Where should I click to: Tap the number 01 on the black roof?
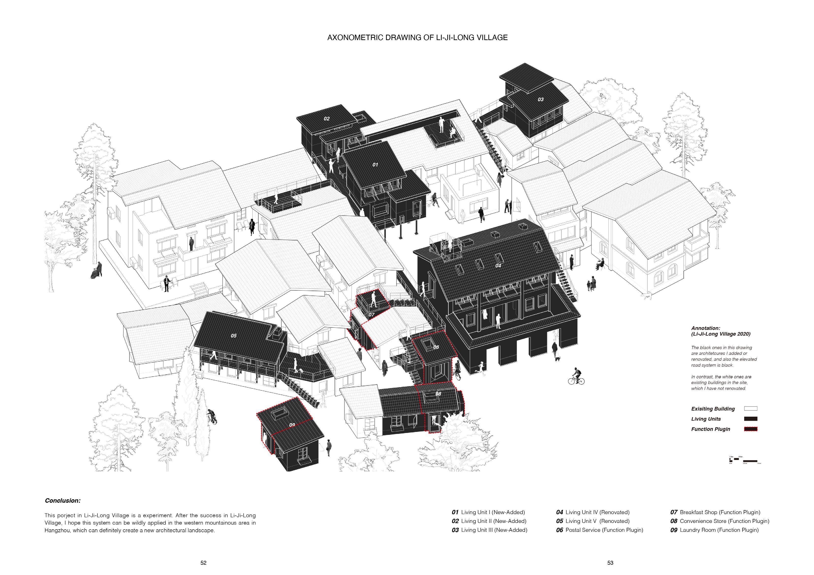(375, 165)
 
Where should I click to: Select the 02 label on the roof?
(327, 119)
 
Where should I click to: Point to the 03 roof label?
(540, 100)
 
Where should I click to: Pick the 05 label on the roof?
(233, 336)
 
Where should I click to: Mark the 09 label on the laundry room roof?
(292, 425)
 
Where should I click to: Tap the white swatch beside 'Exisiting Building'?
(750, 409)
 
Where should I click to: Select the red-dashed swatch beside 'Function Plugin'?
(750, 429)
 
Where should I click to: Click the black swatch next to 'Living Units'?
(750, 419)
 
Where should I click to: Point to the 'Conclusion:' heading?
(63, 501)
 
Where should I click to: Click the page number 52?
(203, 563)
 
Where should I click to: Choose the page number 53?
(610, 563)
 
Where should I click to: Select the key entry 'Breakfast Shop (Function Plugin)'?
(720, 512)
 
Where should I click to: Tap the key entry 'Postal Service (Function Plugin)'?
(604, 530)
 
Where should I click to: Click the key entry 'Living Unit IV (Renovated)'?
(597, 512)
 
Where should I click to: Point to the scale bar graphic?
(745, 460)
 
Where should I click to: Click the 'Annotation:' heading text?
(705, 328)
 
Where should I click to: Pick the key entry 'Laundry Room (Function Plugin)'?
(719, 530)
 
